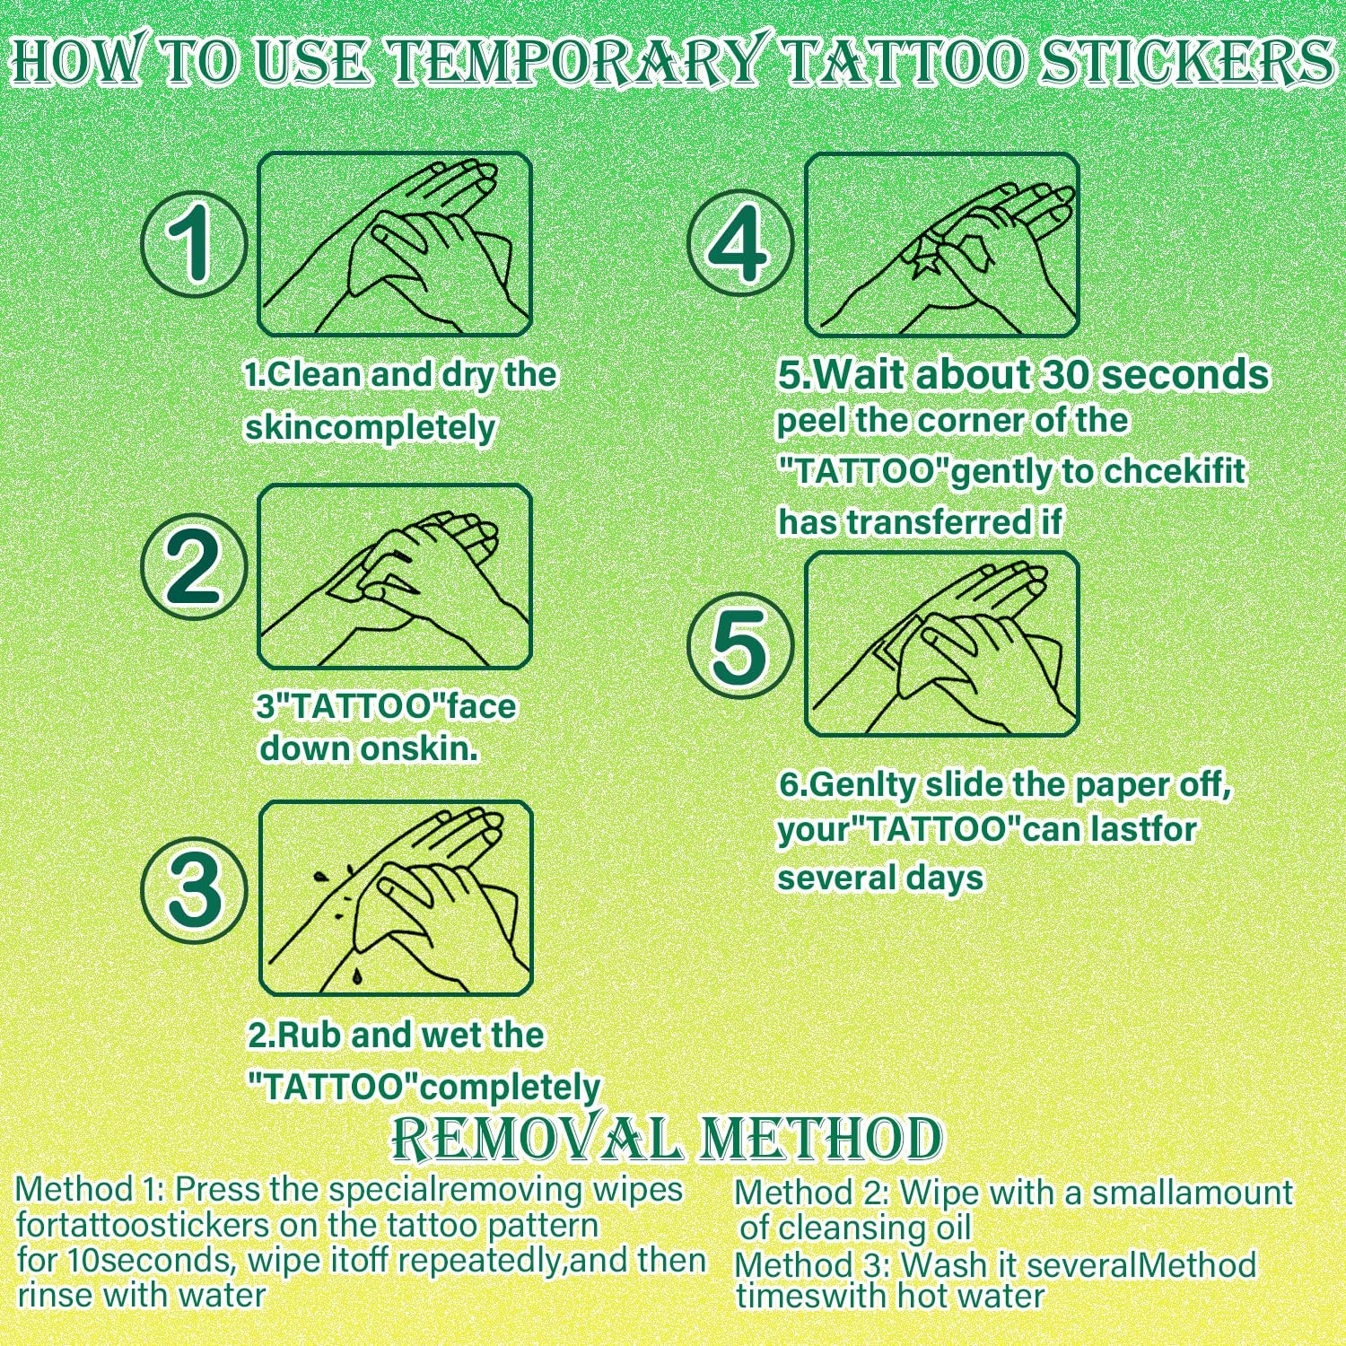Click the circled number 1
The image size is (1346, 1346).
tap(194, 242)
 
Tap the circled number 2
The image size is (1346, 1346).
tap(194, 566)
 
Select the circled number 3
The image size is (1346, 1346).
tap(194, 889)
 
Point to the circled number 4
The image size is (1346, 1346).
tap(740, 242)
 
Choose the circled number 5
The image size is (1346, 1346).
tap(740, 646)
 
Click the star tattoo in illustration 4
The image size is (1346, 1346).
tap(922, 261)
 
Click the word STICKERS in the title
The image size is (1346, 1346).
tap(1186, 61)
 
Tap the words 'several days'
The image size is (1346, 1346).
tap(880, 878)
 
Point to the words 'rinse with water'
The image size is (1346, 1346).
tap(142, 1296)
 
